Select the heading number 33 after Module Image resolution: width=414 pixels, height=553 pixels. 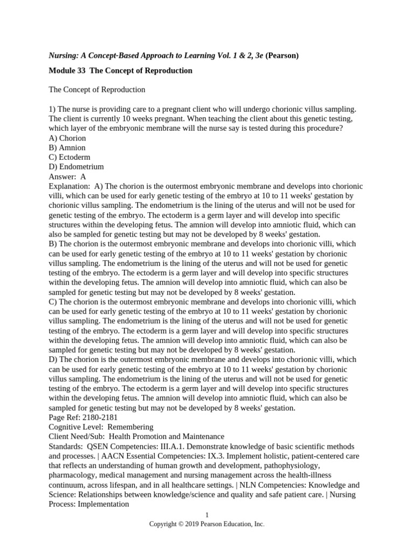[x=79, y=71]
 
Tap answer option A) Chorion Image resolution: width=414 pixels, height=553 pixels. [x=67, y=138]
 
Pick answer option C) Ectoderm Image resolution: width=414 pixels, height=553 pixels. [x=70, y=157]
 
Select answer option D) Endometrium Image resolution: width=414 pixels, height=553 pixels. [x=76, y=167]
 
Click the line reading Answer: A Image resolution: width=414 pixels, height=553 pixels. [x=67, y=176]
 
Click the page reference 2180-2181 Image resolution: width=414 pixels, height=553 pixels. [x=99, y=417]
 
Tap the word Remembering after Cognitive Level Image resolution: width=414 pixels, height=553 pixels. [x=130, y=427]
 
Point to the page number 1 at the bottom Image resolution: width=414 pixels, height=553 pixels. [x=207, y=515]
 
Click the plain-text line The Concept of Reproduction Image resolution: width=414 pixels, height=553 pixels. [x=97, y=90]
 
